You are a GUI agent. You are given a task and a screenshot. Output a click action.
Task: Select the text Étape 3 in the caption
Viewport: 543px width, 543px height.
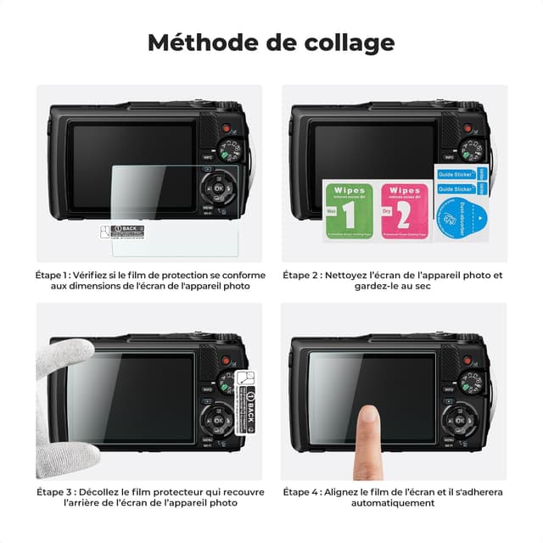[x=53, y=491]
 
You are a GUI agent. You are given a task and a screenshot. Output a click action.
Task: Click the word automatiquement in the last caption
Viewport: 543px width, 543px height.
[x=395, y=503]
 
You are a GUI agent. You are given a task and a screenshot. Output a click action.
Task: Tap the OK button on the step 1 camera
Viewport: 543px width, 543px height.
[x=220, y=188]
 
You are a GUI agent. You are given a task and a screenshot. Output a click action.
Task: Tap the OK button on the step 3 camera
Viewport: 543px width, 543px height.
[x=220, y=421]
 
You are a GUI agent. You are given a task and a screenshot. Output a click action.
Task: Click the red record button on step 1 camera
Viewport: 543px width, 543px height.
[x=227, y=127]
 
